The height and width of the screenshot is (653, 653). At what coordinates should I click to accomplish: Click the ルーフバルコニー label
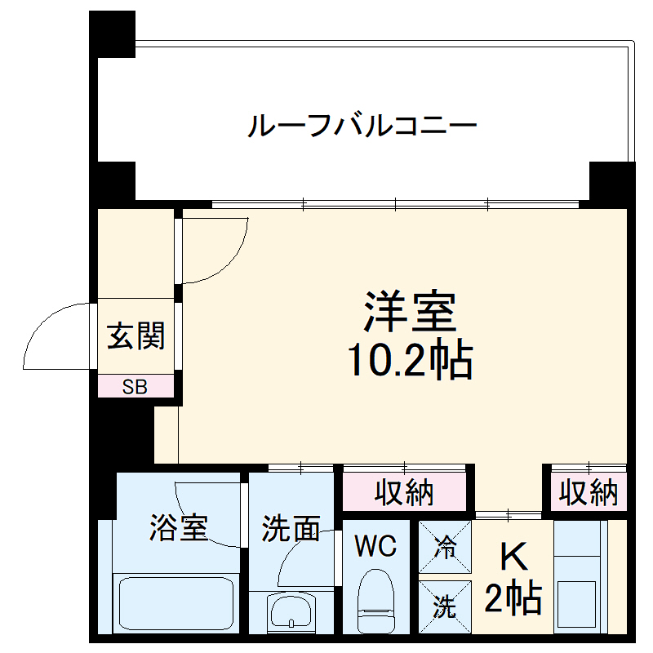(x=362, y=127)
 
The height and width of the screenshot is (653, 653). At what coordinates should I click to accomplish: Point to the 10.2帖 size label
(x=410, y=359)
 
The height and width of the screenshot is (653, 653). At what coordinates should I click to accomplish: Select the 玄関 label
(x=136, y=335)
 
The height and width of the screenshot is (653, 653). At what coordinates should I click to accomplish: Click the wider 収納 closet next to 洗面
(x=404, y=492)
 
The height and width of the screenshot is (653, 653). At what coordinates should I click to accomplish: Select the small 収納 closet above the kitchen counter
(x=588, y=492)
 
